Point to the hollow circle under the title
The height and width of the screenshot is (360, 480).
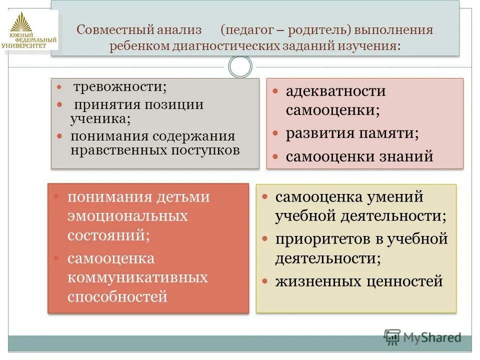(240, 66)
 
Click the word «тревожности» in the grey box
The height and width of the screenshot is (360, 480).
(120, 87)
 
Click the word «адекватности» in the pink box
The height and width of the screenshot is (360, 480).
(336, 91)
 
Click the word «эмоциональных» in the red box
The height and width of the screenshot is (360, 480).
(128, 216)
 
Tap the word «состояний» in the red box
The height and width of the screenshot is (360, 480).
(108, 235)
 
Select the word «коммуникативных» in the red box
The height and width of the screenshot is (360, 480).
(137, 277)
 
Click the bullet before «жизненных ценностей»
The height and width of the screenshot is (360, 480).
(265, 282)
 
